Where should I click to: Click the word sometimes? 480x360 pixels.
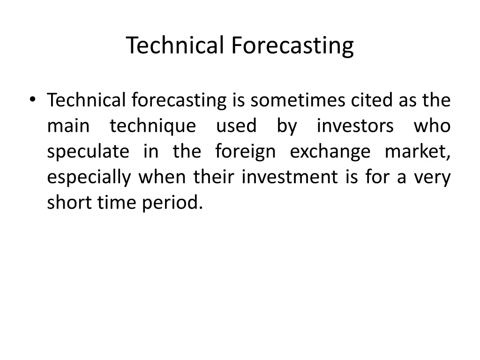[x=299, y=100]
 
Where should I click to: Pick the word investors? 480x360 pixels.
[x=355, y=126]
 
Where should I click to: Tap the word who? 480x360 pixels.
[x=432, y=126]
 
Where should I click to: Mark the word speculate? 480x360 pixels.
[x=88, y=152]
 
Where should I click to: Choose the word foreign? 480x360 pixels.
[x=245, y=152]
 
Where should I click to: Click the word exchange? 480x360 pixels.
[x=330, y=152]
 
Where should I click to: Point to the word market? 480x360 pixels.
[x=417, y=152]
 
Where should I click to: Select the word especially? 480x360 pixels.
[x=89, y=178]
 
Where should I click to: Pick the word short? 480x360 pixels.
[x=68, y=203]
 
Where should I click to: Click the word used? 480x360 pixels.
[x=236, y=126]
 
